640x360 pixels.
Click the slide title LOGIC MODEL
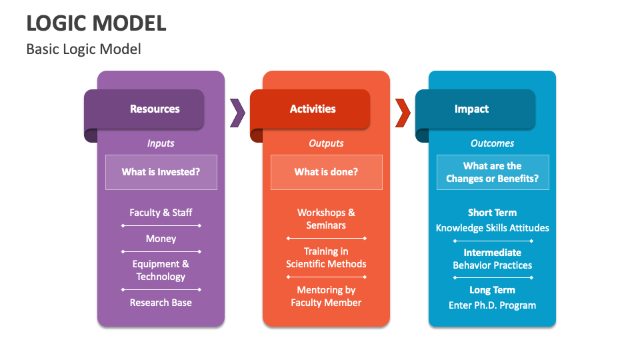point(96,23)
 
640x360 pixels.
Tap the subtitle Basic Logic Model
point(83,49)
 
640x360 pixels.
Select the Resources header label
point(155,109)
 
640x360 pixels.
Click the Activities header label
point(313,109)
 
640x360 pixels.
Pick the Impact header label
point(471,109)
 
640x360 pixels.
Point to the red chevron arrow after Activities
point(403,113)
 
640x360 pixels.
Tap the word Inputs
point(161,143)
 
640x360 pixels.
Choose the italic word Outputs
point(326,143)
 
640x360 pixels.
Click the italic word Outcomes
point(492,143)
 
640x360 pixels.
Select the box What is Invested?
point(161,172)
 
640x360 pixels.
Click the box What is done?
point(326,172)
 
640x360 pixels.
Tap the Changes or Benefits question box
point(492,172)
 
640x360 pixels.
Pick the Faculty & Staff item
point(161,213)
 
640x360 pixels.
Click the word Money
point(161,239)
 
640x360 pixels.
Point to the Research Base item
point(161,303)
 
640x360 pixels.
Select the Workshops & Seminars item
point(326,219)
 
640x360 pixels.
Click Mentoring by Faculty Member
point(326,296)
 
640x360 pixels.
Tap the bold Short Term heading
point(492,213)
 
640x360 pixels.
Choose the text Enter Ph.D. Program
point(492,305)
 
